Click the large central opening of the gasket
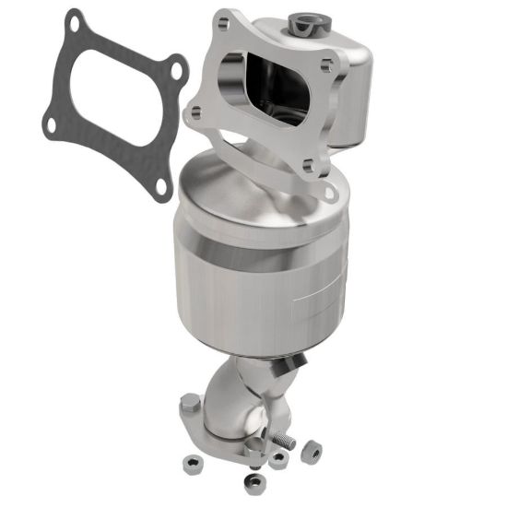coord(108,101)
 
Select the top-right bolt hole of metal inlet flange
coord(324,64)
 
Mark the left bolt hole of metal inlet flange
coord(195,113)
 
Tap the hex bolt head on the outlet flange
coord(190,403)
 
